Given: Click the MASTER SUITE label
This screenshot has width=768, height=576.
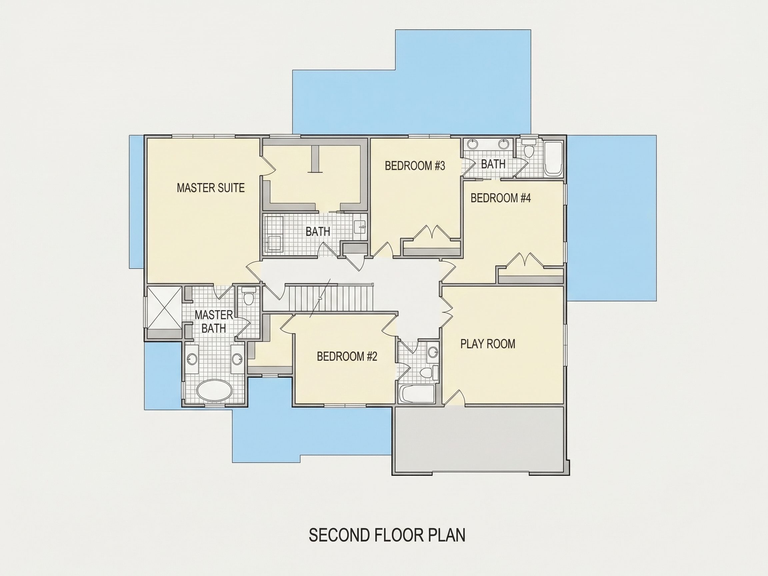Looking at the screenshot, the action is (x=211, y=188).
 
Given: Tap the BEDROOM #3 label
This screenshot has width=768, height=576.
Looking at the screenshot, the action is (x=415, y=166).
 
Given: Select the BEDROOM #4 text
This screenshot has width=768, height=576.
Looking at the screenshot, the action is (x=501, y=198).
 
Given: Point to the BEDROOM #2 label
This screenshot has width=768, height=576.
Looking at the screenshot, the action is (x=347, y=356).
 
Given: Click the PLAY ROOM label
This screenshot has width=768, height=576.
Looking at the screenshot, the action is (x=488, y=344).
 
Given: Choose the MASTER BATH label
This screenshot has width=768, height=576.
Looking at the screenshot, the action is (x=214, y=322).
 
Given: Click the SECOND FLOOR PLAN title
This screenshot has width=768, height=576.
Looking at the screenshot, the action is (x=387, y=535).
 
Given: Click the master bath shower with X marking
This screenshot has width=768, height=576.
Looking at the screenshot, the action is (x=164, y=308).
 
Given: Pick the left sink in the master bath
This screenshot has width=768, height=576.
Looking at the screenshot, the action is (x=192, y=359).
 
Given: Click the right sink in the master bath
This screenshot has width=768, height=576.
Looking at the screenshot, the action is (x=237, y=359).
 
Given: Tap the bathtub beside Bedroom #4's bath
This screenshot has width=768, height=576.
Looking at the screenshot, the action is (x=553, y=159).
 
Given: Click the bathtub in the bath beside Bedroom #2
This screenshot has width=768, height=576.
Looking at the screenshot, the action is (x=417, y=394).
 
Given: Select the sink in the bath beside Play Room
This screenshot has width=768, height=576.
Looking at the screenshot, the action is (x=433, y=352).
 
